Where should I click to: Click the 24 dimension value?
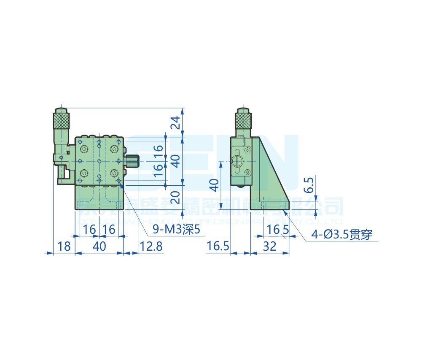(177, 122)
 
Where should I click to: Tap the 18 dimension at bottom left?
(64, 246)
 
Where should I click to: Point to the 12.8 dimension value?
(151, 246)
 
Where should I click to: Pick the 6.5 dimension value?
(310, 185)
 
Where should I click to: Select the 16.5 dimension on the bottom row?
(218, 246)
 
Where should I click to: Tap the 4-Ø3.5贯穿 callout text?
(342, 235)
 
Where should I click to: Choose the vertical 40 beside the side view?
(215, 185)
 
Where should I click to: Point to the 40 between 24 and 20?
(177, 160)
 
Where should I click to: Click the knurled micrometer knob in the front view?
(61, 121)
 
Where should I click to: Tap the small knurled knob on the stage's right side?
(132, 162)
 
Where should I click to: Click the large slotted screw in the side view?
(238, 161)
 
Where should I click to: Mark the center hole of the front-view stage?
(99, 161)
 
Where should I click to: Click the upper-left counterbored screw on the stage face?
(84, 149)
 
